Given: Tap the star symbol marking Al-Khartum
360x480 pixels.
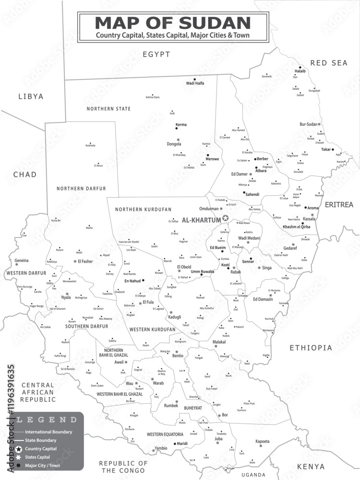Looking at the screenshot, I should tap(226, 218).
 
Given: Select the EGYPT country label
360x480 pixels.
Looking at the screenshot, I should tap(156, 55).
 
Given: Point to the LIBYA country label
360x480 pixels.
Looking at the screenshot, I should tap(31, 96).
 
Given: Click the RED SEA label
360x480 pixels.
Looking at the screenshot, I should tap(328, 63).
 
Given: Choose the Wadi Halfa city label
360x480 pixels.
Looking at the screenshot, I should tap(195, 83).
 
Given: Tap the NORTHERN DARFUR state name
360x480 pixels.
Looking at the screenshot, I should tap(81, 189).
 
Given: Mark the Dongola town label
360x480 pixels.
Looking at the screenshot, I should tap(173, 144).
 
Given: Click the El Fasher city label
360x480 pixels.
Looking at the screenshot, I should tap(85, 261).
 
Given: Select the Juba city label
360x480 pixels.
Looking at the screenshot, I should tap(218, 438).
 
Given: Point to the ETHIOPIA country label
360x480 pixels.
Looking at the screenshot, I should tap(311, 348).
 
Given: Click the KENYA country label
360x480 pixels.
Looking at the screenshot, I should tap(311, 466).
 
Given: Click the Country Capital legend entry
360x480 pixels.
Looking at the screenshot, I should tap(41, 448).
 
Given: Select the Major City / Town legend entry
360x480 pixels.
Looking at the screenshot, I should tap(42, 465).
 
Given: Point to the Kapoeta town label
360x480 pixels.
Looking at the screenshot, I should tap(262, 441).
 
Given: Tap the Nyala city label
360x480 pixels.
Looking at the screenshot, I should tap(66, 297).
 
